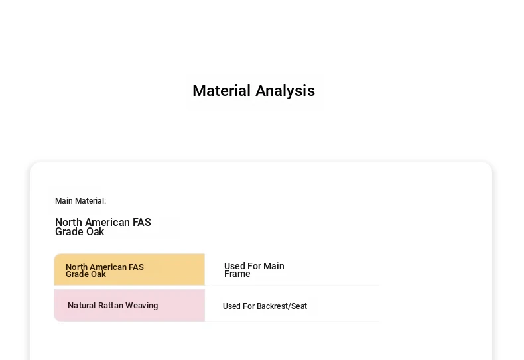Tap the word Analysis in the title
[285, 91]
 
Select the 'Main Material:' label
[80, 201]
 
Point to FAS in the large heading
[142, 222]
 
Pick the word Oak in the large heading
[96, 232]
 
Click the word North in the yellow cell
[76, 267]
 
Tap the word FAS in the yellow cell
[136, 267]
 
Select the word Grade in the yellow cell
[76, 274]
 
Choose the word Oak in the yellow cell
[98, 274]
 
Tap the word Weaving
[142, 306]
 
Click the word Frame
[237, 274]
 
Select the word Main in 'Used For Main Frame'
[274, 266]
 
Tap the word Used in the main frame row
[233, 266]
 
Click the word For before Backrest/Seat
[249, 306]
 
